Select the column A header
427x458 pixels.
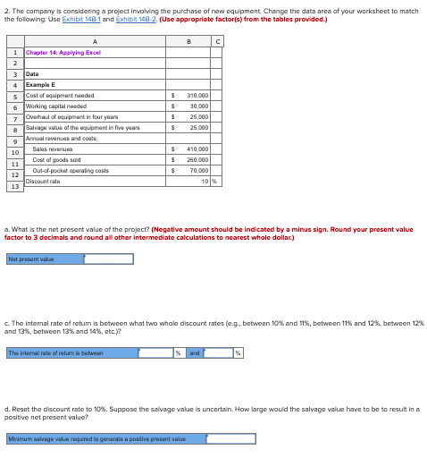click(x=93, y=40)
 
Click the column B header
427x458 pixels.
click(x=188, y=40)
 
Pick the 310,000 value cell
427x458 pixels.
click(x=197, y=95)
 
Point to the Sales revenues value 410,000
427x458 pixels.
click(x=197, y=148)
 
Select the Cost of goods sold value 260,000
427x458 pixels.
click(x=197, y=159)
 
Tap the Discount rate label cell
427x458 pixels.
click(x=44, y=180)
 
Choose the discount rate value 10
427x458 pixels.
click(x=205, y=180)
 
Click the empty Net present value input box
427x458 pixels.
click(x=96, y=259)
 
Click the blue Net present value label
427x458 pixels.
click(x=32, y=259)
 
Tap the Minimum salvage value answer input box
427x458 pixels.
click(x=230, y=438)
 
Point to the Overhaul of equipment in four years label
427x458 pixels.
click(x=72, y=116)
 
